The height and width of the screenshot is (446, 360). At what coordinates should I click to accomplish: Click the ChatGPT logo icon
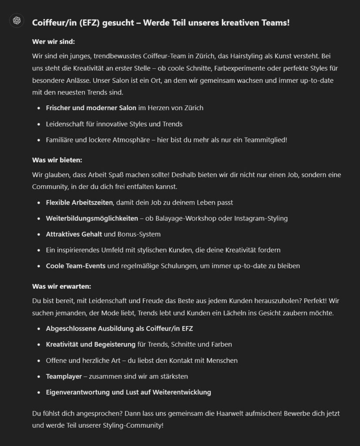click(x=17, y=20)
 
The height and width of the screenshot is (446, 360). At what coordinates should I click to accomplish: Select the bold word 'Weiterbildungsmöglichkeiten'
click(x=92, y=218)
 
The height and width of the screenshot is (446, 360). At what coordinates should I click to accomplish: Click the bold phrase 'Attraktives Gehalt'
click(x=74, y=234)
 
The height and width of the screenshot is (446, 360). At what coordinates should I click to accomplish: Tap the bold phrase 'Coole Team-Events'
click(x=76, y=265)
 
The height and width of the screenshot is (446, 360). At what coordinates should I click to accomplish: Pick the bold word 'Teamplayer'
click(x=64, y=376)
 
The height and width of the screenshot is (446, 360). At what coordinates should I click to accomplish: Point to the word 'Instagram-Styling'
click(x=262, y=218)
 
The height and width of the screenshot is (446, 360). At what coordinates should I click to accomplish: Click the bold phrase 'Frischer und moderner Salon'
click(x=91, y=108)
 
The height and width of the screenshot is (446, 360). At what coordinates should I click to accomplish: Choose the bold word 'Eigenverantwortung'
click(x=78, y=392)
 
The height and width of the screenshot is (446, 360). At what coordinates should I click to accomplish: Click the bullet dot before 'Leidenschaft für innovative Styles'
click(x=39, y=124)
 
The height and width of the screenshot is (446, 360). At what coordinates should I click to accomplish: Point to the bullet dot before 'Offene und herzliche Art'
click(x=39, y=360)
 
